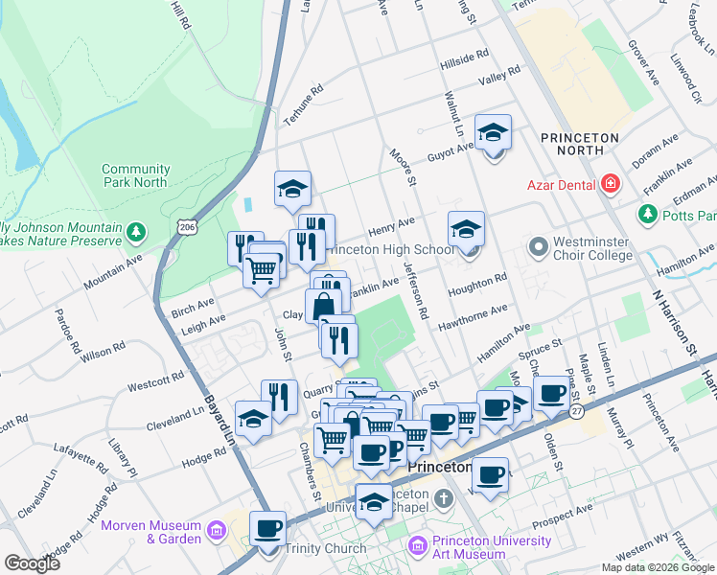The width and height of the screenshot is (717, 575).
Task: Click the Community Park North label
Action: coord(134,175)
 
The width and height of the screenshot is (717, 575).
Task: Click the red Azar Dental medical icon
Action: coord(609,184)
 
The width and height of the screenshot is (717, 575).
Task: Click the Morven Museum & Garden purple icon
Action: coord(218,531)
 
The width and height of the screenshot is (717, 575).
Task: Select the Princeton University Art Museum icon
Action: coord(417,547)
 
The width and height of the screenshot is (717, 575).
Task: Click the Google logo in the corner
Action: coord(32,563)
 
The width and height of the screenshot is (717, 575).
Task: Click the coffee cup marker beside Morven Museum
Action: coord(267,528)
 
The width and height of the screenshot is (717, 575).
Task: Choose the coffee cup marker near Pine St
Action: coord(551,393)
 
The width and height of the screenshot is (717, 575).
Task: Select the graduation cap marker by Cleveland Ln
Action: coord(252,420)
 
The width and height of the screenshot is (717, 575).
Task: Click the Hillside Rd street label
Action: coord(465,57)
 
